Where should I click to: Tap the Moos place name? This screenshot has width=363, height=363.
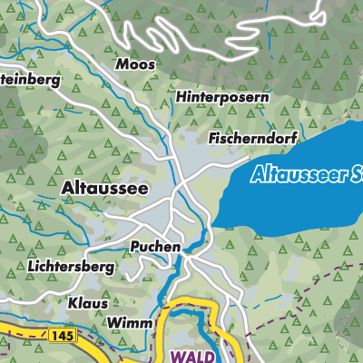135,65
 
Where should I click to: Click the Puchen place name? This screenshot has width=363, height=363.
155,246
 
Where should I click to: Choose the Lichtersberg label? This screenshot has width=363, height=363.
70,268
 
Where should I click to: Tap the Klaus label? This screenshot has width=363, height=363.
88,303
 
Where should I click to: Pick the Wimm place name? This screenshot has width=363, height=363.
127,323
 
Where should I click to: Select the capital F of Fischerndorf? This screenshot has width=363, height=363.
212,139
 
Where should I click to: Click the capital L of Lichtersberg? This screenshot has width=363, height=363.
31,268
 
